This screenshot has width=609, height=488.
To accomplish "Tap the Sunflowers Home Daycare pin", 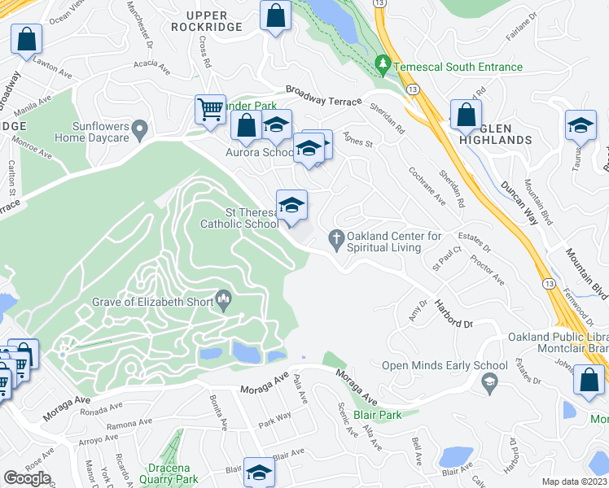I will coord(140,128).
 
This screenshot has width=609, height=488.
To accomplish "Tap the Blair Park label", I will coord(378,415).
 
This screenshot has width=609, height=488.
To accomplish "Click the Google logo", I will coord(27,478).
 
